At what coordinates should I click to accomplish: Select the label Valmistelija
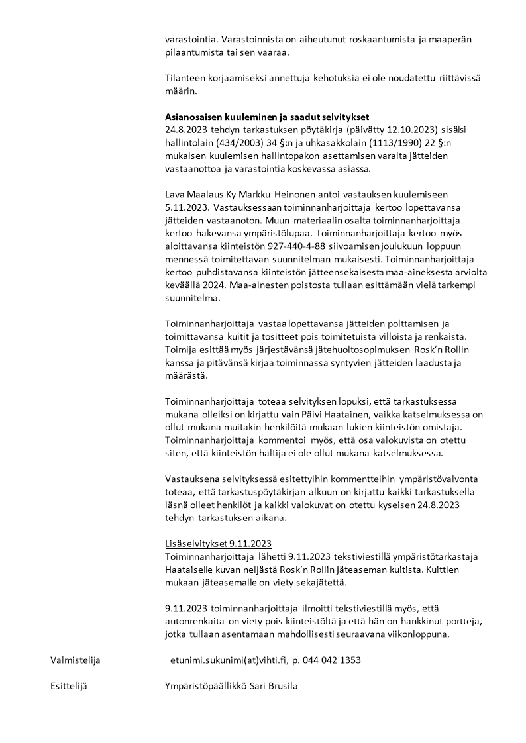click(76, 660)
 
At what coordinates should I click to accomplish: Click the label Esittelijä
click(69, 686)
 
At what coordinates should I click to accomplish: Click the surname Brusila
click(281, 686)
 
